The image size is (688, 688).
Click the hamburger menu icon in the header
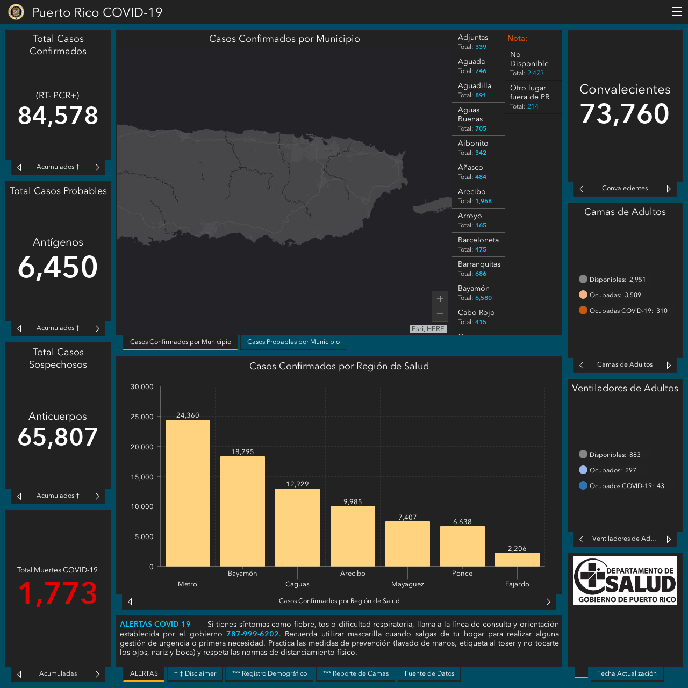677,11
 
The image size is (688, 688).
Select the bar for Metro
188,493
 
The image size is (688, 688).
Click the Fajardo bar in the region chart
517,559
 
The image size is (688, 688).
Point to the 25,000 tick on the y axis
142,417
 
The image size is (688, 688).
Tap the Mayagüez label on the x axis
407,584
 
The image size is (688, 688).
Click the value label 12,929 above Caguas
297,484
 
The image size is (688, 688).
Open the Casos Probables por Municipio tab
293,342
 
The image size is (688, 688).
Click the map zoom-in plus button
440,298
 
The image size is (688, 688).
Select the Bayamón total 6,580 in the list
483,298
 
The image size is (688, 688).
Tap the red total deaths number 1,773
58,593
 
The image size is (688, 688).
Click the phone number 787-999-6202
253,634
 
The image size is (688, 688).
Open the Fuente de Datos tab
429,673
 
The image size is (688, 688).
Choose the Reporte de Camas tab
356,673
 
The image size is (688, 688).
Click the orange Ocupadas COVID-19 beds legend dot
583,310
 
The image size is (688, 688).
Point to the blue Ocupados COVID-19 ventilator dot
583,485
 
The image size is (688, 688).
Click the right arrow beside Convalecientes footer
669,189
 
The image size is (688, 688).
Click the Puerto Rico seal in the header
16,12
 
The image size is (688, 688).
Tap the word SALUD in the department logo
640,584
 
